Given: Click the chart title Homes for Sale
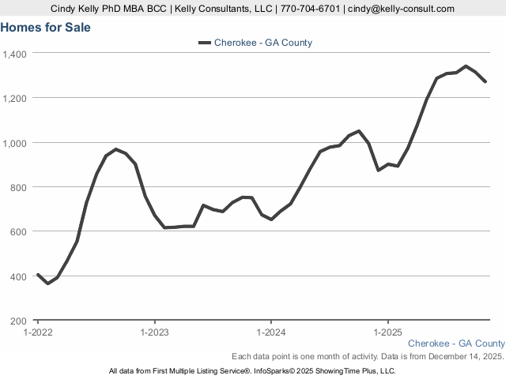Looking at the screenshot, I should [x=46, y=28].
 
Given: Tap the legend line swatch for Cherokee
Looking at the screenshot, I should [x=204, y=43].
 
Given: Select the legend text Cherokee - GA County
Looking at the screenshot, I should [x=263, y=43].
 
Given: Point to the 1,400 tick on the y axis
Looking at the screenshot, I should [x=15, y=54].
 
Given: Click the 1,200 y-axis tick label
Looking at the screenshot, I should [x=15, y=98].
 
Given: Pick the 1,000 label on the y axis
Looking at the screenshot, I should [x=15, y=143].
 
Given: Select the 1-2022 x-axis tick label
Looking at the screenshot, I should [x=38, y=332].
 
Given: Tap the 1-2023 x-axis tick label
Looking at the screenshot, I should [x=154, y=332].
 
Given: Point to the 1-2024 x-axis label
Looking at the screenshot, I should [x=270, y=332].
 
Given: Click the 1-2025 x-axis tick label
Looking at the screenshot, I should [x=387, y=332].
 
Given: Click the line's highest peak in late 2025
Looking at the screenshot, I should [x=466, y=66].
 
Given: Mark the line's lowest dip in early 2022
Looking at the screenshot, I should [x=47, y=283].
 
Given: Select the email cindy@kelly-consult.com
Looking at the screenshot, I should [x=402, y=9].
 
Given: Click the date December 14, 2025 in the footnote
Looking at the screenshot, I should [x=463, y=357].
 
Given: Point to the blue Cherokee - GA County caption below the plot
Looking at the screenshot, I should [x=456, y=343].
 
